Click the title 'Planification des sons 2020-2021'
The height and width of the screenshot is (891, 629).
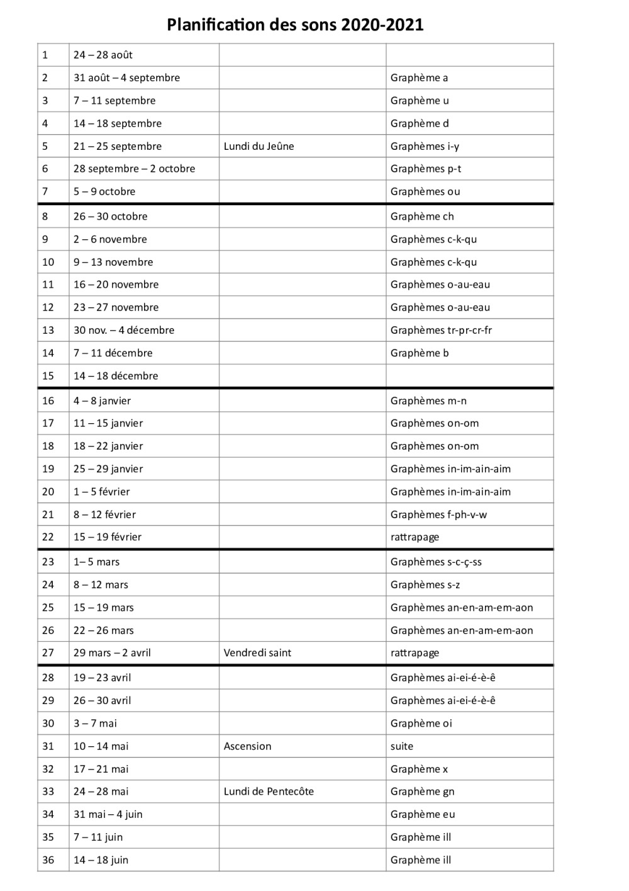click(295, 25)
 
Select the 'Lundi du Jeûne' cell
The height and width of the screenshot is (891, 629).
click(259, 146)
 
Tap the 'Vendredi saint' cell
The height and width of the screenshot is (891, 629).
click(257, 653)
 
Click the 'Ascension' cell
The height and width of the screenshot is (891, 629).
click(247, 746)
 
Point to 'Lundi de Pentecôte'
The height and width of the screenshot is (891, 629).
click(269, 792)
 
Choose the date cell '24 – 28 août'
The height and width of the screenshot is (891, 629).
click(103, 55)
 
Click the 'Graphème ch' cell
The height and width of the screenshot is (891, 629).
click(421, 216)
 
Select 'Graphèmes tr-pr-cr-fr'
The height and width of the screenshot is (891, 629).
click(441, 330)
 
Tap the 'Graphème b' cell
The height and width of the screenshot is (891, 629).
click(420, 353)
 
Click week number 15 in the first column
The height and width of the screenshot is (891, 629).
click(48, 376)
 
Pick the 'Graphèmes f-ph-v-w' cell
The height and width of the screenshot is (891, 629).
click(438, 514)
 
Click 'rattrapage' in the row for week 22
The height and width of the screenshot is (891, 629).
click(415, 537)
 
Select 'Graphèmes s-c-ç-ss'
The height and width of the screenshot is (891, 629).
click(436, 562)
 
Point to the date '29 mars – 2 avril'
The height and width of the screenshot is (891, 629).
click(112, 653)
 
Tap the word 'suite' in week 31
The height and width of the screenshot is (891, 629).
click(401, 746)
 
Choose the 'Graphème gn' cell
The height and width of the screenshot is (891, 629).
click(422, 792)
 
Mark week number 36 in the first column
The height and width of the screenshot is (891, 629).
click(48, 860)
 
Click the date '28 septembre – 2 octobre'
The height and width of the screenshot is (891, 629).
click(134, 169)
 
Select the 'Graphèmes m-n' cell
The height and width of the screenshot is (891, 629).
click(428, 400)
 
